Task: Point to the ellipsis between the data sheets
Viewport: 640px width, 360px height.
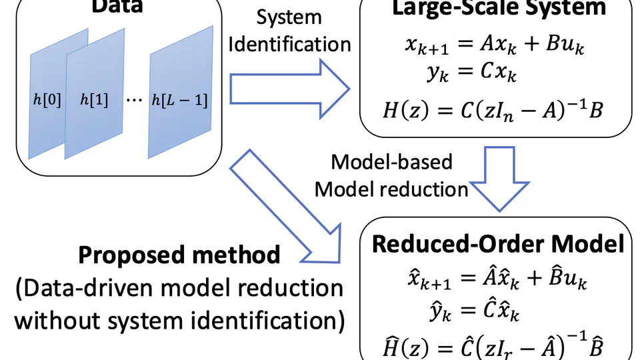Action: coord(134,100)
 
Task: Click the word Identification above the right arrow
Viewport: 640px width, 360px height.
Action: coord(290,44)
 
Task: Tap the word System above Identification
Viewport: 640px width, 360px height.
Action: coord(289,17)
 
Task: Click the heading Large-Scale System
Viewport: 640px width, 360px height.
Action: coord(499,8)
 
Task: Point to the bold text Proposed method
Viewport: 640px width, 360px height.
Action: coord(179,255)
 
